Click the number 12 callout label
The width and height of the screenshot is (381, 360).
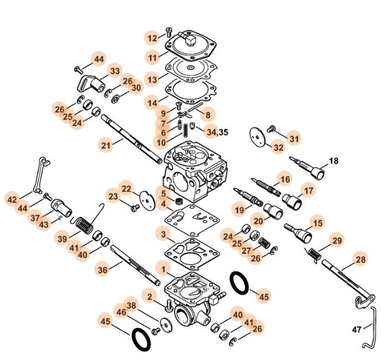click(x=153, y=38)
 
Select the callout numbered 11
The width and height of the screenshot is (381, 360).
click(x=153, y=57)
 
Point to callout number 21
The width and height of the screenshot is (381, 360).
click(x=106, y=146)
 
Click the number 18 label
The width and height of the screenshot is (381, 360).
click(x=333, y=161)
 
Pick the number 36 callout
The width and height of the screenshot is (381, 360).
click(x=103, y=270)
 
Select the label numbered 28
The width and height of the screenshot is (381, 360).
click(x=360, y=260)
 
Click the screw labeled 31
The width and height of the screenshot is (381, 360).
click(x=271, y=128)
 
